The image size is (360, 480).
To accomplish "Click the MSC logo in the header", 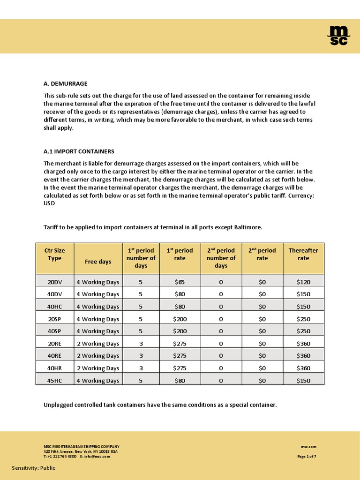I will coord(338,36).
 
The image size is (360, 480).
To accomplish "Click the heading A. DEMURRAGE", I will coord(65,83).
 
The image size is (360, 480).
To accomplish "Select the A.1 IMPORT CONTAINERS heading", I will coord(79,151).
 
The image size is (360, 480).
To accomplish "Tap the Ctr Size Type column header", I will coord(55,254).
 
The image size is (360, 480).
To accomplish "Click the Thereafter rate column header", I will coord(303,254).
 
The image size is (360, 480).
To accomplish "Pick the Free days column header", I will coord(98,262).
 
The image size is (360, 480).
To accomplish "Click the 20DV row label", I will coord(55,282).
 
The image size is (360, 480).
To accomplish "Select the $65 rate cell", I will coord(180,282).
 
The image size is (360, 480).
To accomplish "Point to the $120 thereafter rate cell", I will coord(303,282).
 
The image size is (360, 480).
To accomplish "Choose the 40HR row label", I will coord(55,368).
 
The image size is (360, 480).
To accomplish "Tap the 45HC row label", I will coord(55,381).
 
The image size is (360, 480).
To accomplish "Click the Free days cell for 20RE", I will coord(98,344).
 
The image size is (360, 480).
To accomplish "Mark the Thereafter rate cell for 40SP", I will coord(303,331).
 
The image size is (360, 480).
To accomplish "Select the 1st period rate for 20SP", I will coord(180,319).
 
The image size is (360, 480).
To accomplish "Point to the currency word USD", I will coord(49,204).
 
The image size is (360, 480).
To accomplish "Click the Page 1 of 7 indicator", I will coord(307,456).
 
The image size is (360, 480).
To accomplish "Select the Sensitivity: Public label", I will coord(33,468).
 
